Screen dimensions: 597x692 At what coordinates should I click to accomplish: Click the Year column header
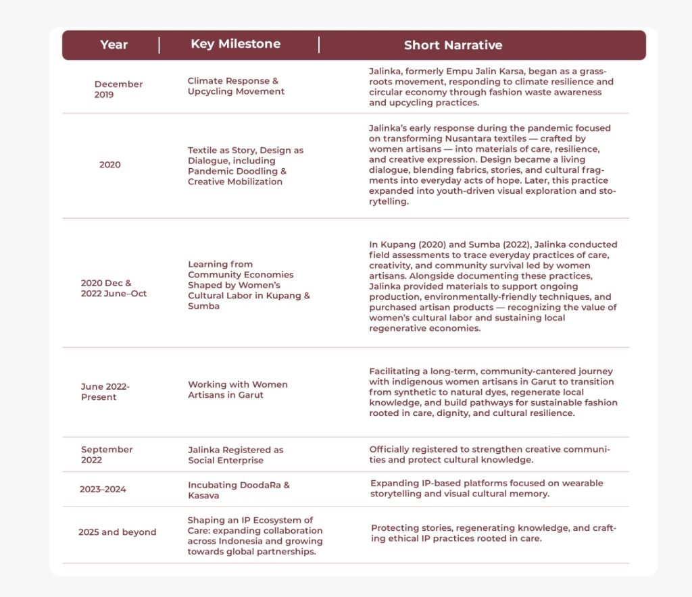(x=114, y=45)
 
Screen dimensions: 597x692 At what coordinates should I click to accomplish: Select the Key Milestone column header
(x=235, y=44)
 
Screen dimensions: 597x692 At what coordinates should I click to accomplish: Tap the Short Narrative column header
(x=453, y=45)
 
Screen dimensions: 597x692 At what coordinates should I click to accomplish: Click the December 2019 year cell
(x=118, y=89)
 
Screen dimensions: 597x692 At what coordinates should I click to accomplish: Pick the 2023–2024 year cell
(x=103, y=489)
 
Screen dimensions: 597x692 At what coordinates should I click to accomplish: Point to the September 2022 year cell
(x=107, y=455)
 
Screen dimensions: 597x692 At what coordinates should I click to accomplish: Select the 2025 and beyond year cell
(x=117, y=532)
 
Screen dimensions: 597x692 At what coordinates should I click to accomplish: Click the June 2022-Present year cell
(x=105, y=392)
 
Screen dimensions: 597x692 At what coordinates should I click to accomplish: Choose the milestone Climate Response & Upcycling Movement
(x=236, y=86)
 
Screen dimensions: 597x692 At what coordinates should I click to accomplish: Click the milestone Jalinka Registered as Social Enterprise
(x=235, y=455)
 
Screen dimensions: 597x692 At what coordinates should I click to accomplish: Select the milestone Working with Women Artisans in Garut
(x=237, y=390)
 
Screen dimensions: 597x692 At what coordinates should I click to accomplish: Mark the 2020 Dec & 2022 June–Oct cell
(x=113, y=288)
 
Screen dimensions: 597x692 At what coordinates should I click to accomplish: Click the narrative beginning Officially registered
(x=489, y=455)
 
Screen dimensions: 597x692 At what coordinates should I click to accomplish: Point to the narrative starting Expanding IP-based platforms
(x=487, y=488)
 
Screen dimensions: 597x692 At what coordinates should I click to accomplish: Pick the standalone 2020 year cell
(x=109, y=164)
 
